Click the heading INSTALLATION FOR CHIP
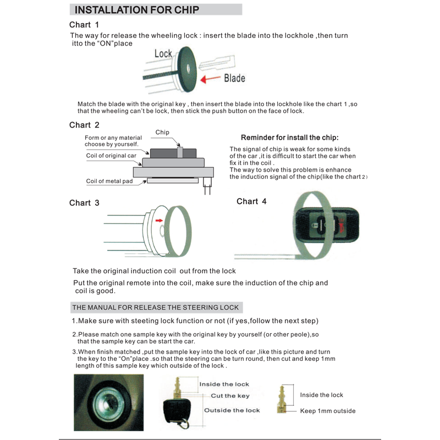(x=136, y=9)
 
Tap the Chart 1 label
(x=84, y=25)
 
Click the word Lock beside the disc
(x=163, y=53)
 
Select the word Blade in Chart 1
(x=234, y=78)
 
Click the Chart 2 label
(x=84, y=125)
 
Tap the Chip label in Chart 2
(x=162, y=132)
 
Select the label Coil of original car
(x=111, y=156)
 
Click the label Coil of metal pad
(x=109, y=181)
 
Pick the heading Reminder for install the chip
(x=290, y=137)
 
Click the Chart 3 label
(x=84, y=203)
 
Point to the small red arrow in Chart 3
(x=159, y=220)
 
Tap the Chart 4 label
(x=251, y=201)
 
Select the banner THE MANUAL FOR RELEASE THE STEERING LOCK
(x=157, y=307)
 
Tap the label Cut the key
(x=230, y=396)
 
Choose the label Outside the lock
(x=232, y=410)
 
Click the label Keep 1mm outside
(x=328, y=411)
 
